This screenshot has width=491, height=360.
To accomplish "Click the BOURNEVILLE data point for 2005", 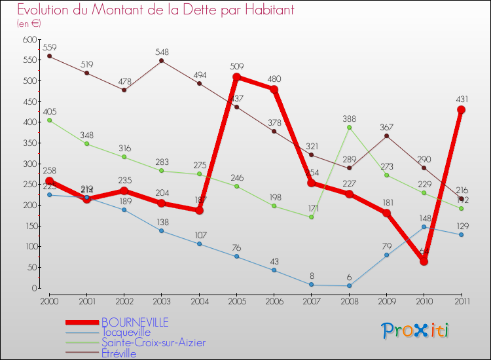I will pos(237,77).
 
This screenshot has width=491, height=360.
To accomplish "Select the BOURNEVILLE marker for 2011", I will pos(462,110).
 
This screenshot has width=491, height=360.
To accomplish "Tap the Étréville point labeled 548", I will pos(162,61).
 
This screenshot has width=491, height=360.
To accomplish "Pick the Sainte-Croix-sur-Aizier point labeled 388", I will pos(349,127).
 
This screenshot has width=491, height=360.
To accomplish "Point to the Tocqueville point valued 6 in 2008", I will pos(349,285).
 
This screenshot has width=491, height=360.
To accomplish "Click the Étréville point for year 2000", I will pos(50,56).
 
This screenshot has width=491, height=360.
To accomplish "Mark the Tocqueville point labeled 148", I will pos(424,226).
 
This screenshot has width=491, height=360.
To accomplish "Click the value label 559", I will pos(50,47).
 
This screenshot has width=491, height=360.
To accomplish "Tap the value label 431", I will pos(462,99).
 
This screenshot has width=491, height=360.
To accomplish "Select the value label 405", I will pos(50,112).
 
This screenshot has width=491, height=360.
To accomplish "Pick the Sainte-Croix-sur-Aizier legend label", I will pos(153,343).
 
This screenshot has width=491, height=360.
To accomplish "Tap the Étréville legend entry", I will pos(119,353).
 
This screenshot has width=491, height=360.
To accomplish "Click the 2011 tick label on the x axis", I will pos(461,301).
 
